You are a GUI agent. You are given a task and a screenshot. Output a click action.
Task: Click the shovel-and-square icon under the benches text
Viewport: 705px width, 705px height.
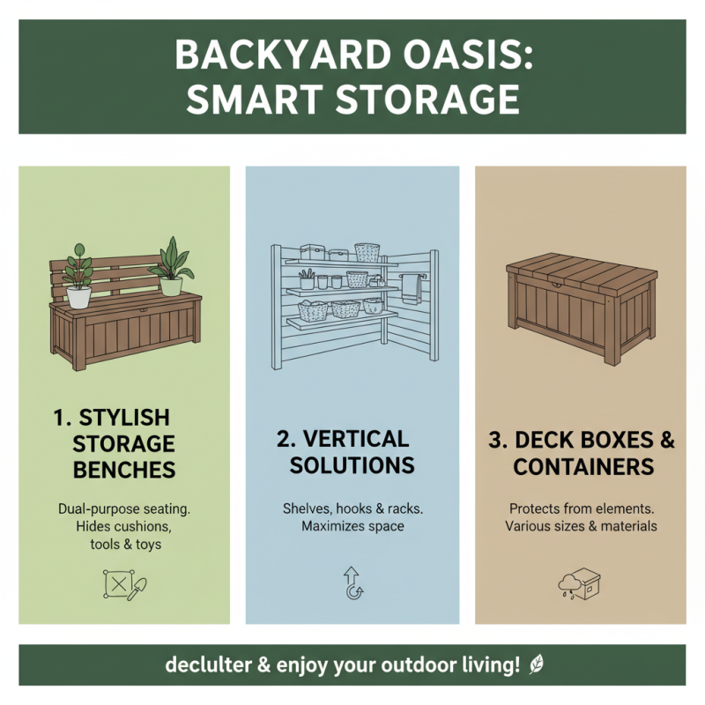(x=123, y=584)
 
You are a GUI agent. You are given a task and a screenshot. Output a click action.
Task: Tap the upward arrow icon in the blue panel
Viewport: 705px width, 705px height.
(x=352, y=583)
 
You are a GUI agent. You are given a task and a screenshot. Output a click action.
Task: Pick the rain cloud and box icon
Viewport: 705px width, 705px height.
(x=579, y=583)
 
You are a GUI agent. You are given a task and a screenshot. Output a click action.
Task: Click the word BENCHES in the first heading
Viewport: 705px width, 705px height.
(x=124, y=469)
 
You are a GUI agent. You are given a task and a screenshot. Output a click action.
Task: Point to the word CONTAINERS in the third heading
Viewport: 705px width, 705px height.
(x=583, y=466)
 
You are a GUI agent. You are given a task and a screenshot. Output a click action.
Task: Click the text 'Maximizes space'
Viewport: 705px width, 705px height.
(x=352, y=527)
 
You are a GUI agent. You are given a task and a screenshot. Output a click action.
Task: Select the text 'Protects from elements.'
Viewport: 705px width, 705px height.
(x=581, y=508)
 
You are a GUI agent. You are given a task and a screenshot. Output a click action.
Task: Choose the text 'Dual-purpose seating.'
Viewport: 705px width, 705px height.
(x=124, y=508)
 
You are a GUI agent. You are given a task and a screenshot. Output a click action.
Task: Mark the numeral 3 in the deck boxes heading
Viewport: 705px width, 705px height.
(x=495, y=440)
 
